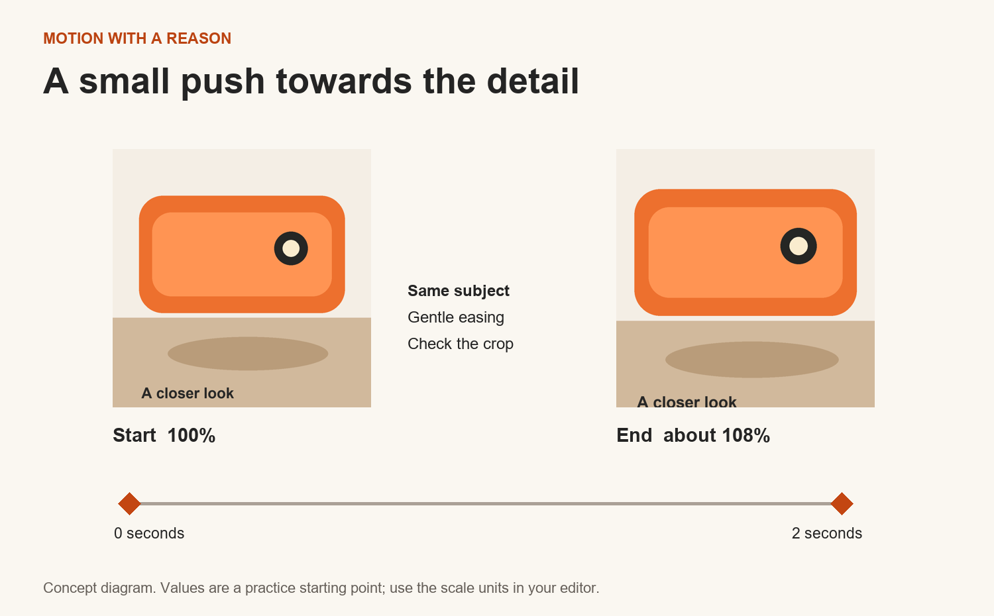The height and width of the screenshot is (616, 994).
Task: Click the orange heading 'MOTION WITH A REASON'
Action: pyautogui.click(x=137, y=38)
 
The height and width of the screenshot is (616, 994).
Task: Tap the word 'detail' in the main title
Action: pyautogui.click(x=533, y=81)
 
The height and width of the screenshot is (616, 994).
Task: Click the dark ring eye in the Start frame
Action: pyautogui.click(x=291, y=248)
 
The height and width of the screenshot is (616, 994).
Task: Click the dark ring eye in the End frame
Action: pyautogui.click(x=799, y=246)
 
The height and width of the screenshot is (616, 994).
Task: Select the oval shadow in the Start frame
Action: pyautogui.click(x=248, y=354)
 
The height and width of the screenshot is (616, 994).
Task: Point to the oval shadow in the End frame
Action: pyautogui.click(x=751, y=360)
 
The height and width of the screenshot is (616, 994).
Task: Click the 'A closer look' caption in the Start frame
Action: pyautogui.click(x=188, y=393)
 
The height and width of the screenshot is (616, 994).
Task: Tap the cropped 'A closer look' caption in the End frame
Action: pyautogui.click(x=687, y=401)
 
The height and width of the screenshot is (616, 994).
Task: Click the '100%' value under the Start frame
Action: pyautogui.click(x=192, y=435)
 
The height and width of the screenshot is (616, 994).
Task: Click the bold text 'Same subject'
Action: pyautogui.click(x=459, y=291)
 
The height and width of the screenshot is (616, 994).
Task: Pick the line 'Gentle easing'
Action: pyautogui.click(x=456, y=317)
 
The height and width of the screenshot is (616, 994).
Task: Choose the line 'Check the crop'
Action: pyautogui.click(x=460, y=344)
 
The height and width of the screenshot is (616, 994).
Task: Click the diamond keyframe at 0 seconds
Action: pyautogui.click(x=130, y=504)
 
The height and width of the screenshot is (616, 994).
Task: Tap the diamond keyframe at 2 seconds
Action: pyautogui.click(x=842, y=504)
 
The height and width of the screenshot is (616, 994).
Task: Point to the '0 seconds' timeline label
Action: pyautogui.click(x=149, y=533)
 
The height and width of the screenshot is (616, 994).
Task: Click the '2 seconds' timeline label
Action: pyautogui.click(x=827, y=533)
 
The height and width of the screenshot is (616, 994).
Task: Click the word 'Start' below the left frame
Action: pyautogui.click(x=135, y=435)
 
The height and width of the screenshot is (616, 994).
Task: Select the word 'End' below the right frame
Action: pyautogui.click(x=634, y=435)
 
